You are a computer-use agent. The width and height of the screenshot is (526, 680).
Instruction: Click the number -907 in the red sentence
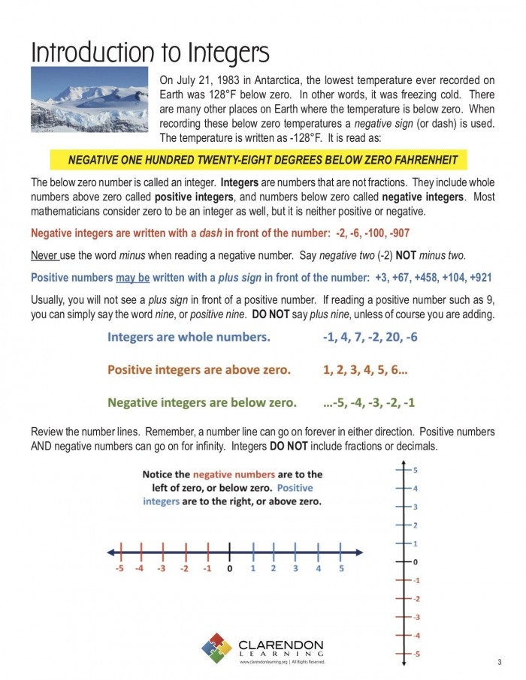396,233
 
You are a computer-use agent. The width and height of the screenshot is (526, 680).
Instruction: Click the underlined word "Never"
44,254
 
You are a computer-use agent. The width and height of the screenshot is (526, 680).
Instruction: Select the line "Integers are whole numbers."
189,337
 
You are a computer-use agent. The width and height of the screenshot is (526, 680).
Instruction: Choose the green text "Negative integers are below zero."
201,402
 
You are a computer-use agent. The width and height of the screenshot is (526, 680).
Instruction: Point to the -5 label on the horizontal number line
119,568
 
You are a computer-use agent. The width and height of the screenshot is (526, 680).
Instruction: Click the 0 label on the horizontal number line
230,568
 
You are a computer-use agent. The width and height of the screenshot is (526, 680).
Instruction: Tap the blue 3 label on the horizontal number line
295,568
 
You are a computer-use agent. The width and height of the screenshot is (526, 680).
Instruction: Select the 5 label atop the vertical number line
416,471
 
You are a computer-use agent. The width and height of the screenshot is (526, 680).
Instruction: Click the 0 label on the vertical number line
415,561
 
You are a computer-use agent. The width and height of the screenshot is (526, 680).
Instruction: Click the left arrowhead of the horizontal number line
110,552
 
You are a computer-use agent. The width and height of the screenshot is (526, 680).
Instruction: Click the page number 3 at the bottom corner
499,661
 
